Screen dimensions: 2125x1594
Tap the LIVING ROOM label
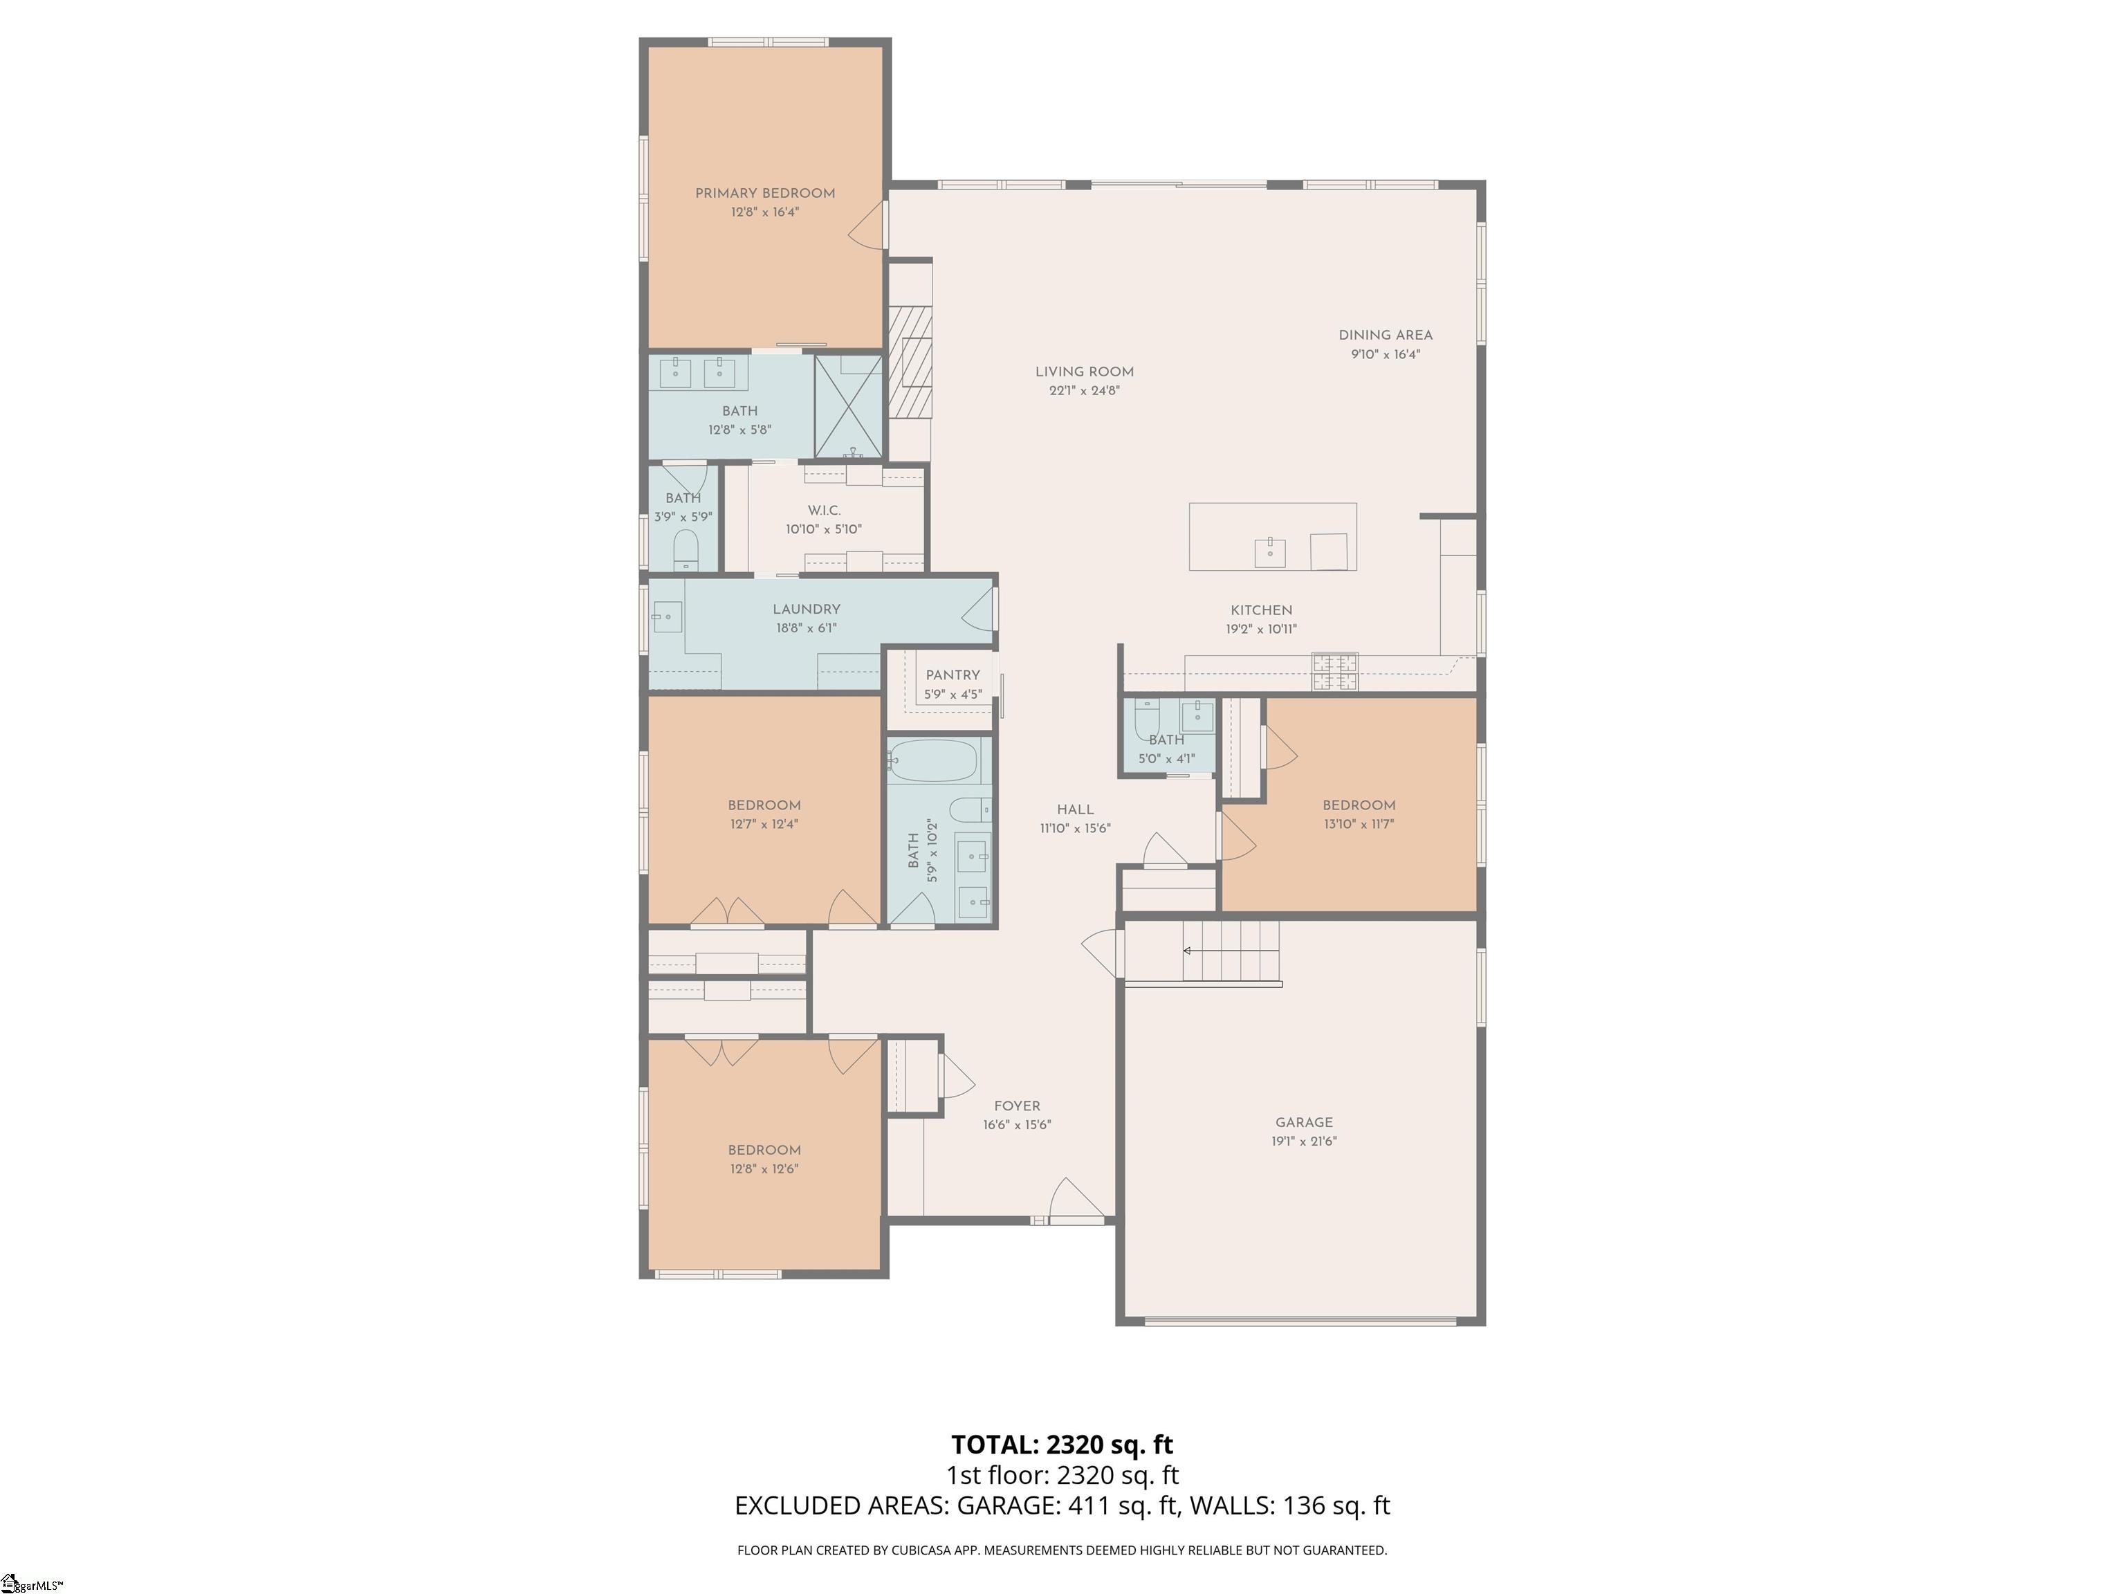pos(1085,372)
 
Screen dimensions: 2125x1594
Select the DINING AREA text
pos(1386,336)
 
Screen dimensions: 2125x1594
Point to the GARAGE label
pos(1304,1122)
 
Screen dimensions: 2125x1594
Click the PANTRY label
pos(953,675)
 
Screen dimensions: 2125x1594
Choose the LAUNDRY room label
pos(806,609)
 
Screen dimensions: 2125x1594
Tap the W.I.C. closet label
pos(825,510)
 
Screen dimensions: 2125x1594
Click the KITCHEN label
pos(1261,610)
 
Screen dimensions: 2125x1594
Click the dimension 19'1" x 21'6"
pos(1304,1142)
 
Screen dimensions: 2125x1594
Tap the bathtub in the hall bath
pos(933,761)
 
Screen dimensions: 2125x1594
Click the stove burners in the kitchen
pos(1335,672)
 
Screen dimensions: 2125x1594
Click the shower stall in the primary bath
pos(848,406)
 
